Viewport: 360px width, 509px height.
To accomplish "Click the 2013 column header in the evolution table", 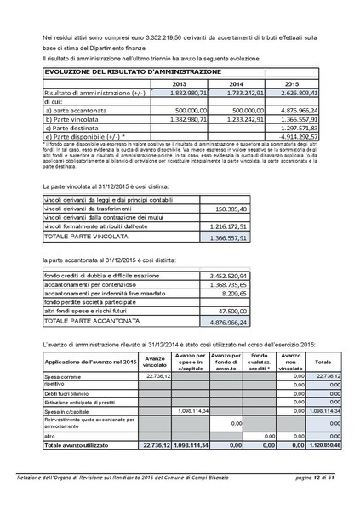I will click(180, 84).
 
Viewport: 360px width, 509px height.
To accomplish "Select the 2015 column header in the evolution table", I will click(291, 84).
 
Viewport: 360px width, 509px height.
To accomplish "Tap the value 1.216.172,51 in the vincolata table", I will click(228, 227).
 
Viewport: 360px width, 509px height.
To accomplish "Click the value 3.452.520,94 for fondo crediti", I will click(228, 277).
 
